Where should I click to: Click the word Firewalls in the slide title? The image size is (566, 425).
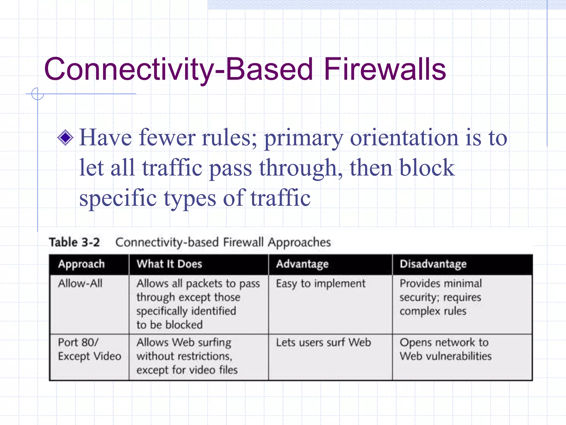pos(385,69)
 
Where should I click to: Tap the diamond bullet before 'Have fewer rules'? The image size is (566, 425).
pos(65,138)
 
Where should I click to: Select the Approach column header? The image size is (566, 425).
pos(82,264)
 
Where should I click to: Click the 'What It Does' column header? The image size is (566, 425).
pos(169,264)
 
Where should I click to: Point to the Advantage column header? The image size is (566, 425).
pos(302,264)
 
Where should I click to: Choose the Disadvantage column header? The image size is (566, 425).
pos(433,264)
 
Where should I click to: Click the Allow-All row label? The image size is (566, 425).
pos(80,284)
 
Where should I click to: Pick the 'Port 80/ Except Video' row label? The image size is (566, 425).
pos(90,349)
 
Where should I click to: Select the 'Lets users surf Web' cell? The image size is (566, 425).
pos(323,343)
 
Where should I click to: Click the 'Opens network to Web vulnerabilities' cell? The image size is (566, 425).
pos(446,349)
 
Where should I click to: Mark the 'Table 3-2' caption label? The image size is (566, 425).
pos(74,242)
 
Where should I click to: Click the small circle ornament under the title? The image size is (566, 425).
pos(38,94)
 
